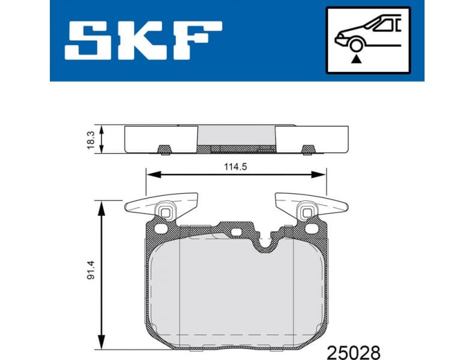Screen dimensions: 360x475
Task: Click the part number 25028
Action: point(353,349)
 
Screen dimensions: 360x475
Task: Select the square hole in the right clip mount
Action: point(307,211)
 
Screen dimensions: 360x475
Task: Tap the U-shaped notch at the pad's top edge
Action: point(264,242)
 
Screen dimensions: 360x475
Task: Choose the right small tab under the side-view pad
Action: point(307,148)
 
